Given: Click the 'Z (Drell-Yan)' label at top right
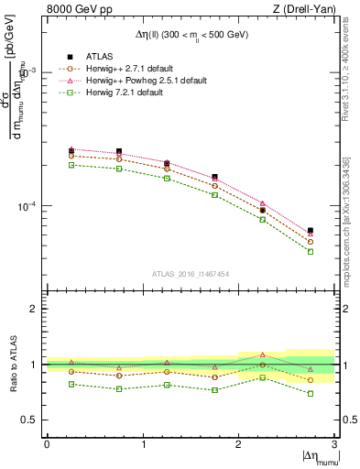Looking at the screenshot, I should [300, 10].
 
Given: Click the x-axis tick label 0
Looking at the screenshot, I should [48, 443].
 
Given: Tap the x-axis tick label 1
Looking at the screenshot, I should [143, 443].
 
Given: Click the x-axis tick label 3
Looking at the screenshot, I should [334, 443].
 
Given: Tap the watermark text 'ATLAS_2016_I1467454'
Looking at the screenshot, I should [191, 273].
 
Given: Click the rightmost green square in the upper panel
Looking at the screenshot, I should [311, 251].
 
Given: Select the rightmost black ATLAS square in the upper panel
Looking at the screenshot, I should [311, 231].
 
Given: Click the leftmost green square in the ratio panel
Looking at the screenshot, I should [71, 384].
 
